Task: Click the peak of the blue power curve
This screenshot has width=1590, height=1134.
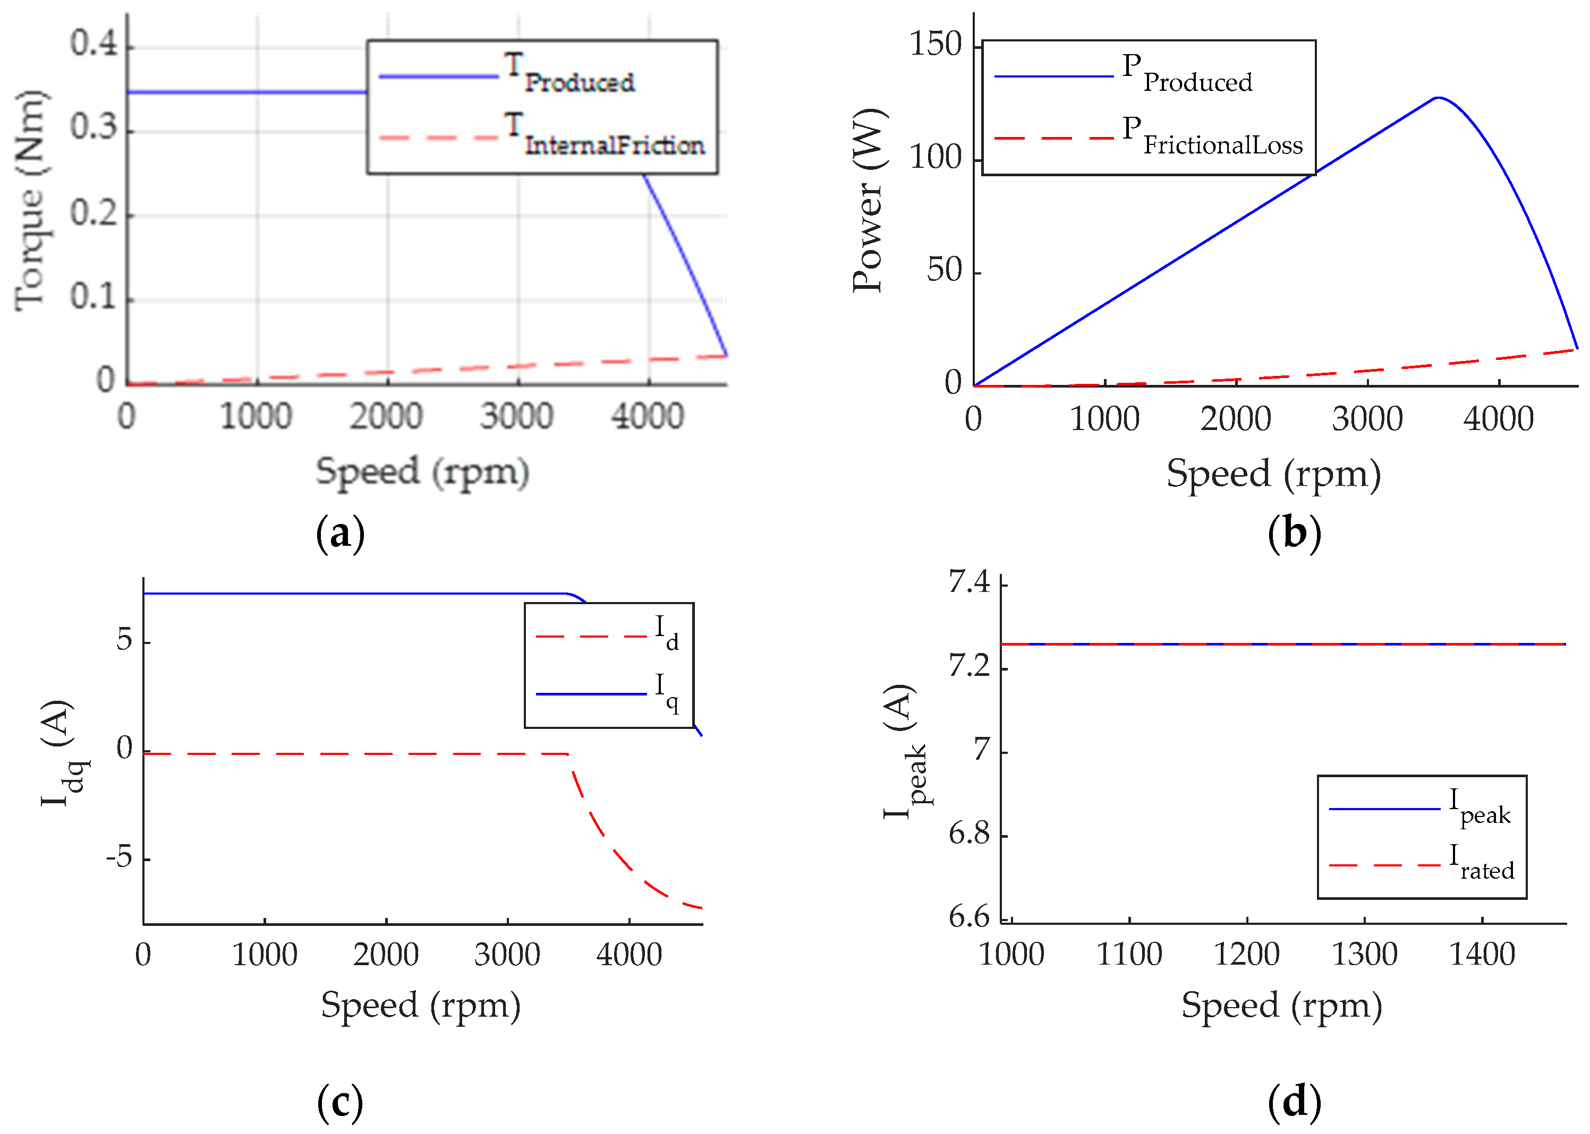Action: click(1438, 98)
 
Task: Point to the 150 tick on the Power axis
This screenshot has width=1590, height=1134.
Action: click(936, 45)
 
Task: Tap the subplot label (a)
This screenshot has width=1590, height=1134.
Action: click(340, 534)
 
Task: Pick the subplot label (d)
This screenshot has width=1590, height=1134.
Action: click(1294, 1102)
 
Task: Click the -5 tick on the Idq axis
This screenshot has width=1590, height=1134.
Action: click(120, 856)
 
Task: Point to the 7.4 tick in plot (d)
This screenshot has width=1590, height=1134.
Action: click(969, 582)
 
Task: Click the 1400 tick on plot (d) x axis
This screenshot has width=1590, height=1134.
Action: click(1482, 955)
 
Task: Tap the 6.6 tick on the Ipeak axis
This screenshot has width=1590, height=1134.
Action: click(969, 917)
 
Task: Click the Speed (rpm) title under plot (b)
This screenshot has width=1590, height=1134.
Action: click(1273, 474)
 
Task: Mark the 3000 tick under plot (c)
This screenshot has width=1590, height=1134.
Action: click(507, 955)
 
